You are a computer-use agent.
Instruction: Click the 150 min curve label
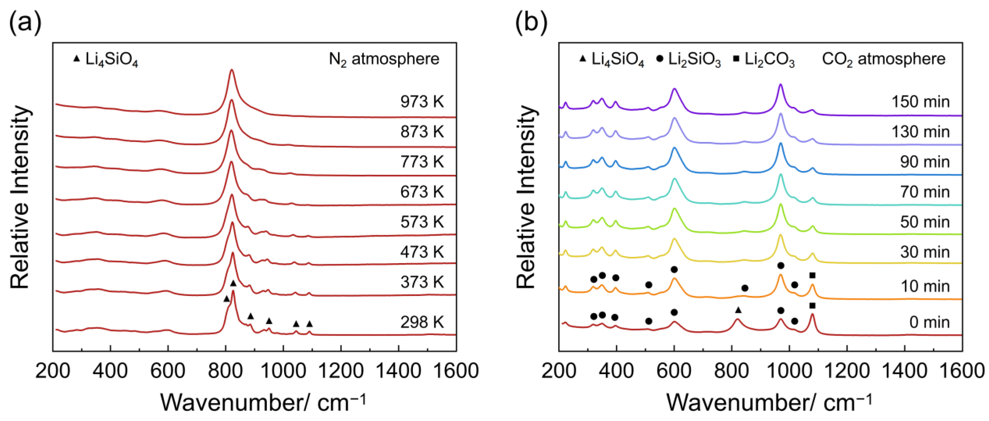[x=920, y=102]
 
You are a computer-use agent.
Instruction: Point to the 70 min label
[x=924, y=192]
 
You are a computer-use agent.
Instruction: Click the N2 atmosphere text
[x=384, y=59]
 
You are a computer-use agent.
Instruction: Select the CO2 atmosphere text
[x=883, y=59]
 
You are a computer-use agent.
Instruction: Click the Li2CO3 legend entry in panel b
[x=764, y=60]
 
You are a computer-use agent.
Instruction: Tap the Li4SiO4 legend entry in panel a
[x=106, y=60]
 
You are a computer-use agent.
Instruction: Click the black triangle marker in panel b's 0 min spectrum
[x=738, y=310]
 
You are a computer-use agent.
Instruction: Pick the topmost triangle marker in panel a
[x=233, y=283]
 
